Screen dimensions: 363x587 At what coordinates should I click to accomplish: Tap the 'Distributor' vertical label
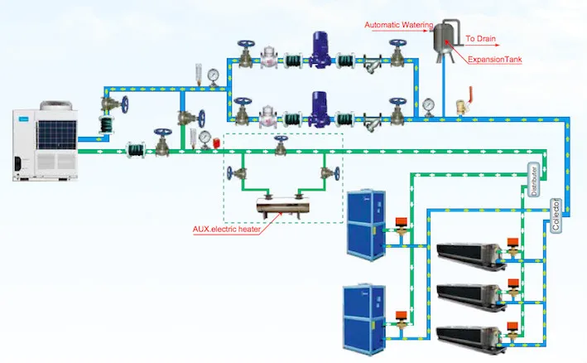(x=534, y=180)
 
